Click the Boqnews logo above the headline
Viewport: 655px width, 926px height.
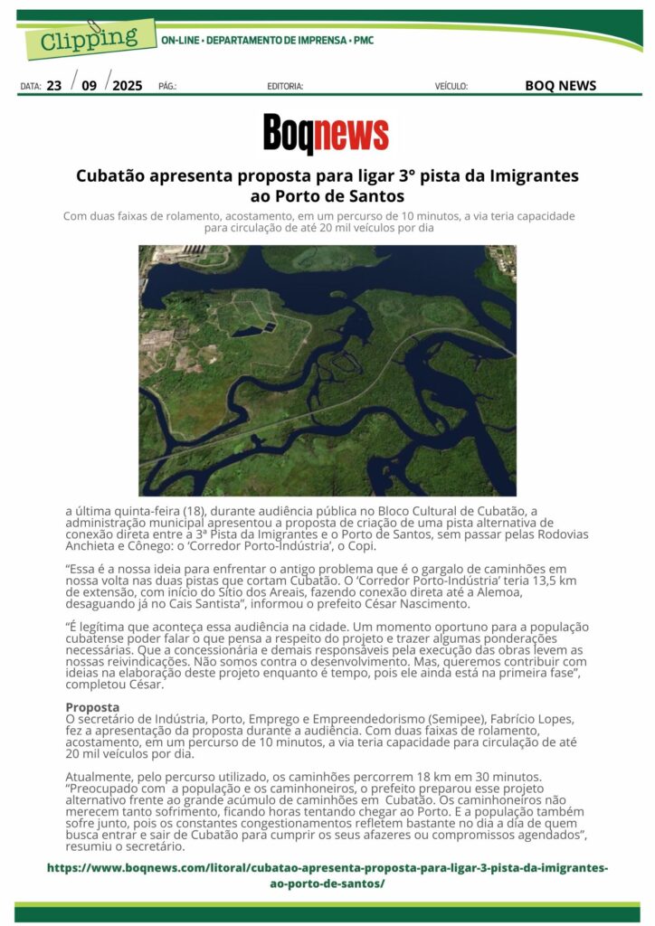pyautogui.click(x=326, y=134)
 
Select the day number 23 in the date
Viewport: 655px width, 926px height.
pyautogui.click(x=54, y=86)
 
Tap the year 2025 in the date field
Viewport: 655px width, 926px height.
pyautogui.click(x=128, y=86)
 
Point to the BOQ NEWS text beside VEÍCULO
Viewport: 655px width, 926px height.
pyautogui.click(x=560, y=86)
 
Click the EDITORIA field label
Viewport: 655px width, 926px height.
pyautogui.click(x=285, y=87)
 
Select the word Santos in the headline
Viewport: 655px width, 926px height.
pyautogui.click(x=375, y=195)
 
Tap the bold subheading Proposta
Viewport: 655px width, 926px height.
pyautogui.click(x=92, y=707)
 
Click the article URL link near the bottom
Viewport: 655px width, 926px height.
pyautogui.click(x=327, y=875)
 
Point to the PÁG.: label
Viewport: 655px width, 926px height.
pyautogui.click(x=167, y=87)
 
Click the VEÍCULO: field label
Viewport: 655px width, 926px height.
pyautogui.click(x=451, y=87)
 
